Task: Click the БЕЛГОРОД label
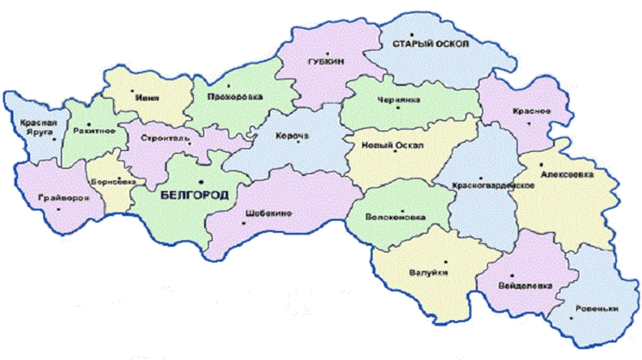189,194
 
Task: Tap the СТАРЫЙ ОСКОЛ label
430,44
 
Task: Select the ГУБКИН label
327,62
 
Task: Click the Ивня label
150,98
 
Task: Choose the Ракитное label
89,131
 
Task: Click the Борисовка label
112,181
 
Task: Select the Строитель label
165,137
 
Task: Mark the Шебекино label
267,212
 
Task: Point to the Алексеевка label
566,174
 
